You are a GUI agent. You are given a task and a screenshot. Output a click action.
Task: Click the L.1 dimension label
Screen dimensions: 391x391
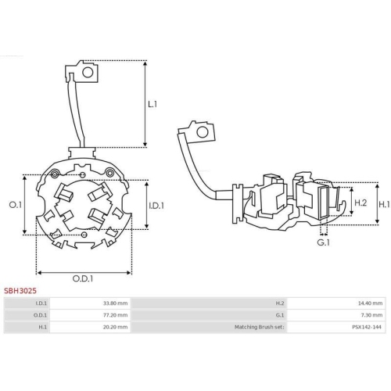(x=153, y=103)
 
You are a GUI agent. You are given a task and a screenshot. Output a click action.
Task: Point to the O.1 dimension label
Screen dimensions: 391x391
(x=14, y=205)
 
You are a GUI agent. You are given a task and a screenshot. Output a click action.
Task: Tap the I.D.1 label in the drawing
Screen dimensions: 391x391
(x=156, y=205)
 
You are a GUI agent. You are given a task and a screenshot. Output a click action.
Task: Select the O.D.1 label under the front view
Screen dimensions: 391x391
(x=84, y=278)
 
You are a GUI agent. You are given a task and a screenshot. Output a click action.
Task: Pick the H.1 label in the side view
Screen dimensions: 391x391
(x=384, y=203)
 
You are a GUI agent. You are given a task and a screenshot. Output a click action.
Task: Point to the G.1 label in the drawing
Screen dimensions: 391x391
(x=322, y=243)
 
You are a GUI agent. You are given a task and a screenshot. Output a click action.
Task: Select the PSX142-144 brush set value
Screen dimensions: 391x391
(x=368, y=328)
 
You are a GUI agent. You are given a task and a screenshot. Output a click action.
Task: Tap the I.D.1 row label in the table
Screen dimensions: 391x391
(x=41, y=303)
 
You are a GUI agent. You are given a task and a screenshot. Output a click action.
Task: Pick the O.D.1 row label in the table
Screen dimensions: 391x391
(x=41, y=315)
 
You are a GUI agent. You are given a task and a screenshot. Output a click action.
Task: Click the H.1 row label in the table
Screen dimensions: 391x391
(x=43, y=328)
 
